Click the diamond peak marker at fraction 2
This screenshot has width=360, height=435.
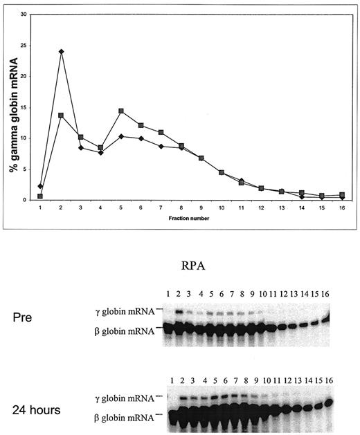(62, 51)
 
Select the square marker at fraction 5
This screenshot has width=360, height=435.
(121, 111)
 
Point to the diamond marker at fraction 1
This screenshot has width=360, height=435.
(40, 186)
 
